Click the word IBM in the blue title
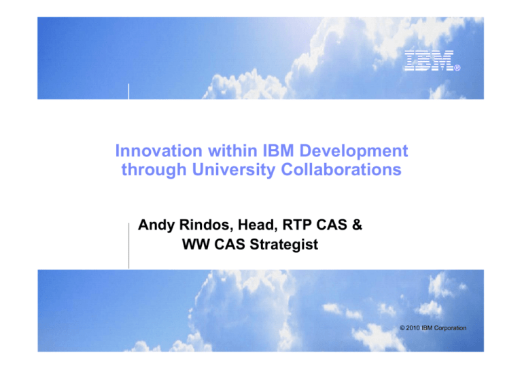tap(274, 148)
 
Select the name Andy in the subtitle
tap(158, 225)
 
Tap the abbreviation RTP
tap(307, 225)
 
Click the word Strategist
tap(283, 245)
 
